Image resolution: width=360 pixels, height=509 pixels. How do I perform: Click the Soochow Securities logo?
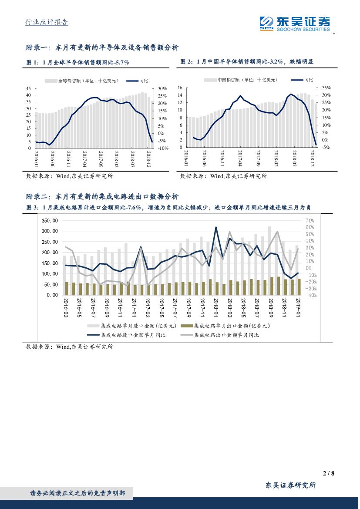pos(295,23)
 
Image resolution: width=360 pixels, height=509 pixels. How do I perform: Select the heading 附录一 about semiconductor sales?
pos(102,48)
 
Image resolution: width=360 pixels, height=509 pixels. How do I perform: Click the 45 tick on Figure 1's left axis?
pos(28,88)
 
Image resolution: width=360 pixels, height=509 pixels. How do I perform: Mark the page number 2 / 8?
pos(329,474)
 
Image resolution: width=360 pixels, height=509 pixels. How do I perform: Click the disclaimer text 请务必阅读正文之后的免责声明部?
pos(77,493)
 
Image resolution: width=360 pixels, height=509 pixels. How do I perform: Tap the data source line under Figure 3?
pos(70,347)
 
